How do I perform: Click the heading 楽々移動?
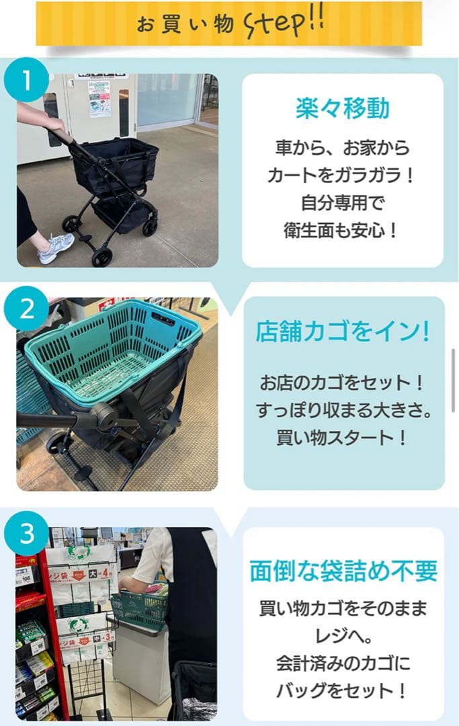click(x=343, y=108)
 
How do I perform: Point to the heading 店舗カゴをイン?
click(x=343, y=331)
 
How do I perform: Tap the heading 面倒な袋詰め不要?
click(x=343, y=571)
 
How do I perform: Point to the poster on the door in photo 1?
click(x=99, y=98)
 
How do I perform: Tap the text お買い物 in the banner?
click(x=185, y=25)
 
